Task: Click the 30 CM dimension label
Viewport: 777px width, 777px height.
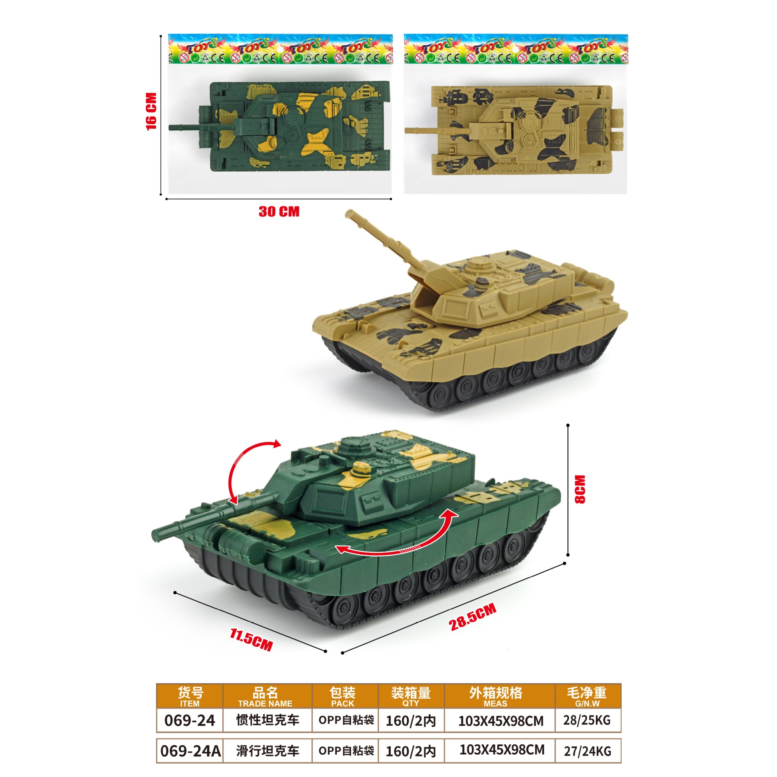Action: click(x=279, y=211)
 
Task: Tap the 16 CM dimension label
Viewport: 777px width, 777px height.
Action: click(x=151, y=112)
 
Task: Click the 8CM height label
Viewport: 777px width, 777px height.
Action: click(x=580, y=489)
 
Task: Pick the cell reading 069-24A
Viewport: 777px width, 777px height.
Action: click(x=190, y=751)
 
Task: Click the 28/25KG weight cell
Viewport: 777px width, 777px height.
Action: click(x=587, y=720)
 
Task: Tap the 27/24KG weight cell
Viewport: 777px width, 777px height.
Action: click(x=588, y=751)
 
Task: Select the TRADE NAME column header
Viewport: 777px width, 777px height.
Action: click(x=265, y=703)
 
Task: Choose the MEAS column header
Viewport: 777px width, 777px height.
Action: click(x=495, y=703)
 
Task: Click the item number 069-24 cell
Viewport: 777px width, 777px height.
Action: click(x=189, y=720)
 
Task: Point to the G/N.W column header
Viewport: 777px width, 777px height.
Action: click(x=587, y=703)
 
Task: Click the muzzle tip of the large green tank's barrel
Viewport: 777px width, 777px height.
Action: click(x=155, y=535)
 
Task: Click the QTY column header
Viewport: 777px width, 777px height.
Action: click(x=410, y=703)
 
